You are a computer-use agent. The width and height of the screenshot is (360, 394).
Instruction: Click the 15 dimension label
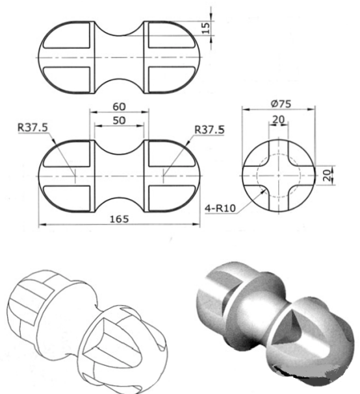206,27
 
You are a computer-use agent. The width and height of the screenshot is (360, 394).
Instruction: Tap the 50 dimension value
119,121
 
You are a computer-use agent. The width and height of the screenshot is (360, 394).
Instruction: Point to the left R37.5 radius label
33,129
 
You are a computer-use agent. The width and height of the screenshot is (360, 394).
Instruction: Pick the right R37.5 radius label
209,130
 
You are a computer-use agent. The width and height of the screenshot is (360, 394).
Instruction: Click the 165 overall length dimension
119,219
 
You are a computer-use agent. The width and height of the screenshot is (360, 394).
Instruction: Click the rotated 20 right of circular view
328,173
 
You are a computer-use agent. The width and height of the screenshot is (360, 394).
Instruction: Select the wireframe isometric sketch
88,328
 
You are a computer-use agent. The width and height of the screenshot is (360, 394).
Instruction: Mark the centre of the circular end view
279,174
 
